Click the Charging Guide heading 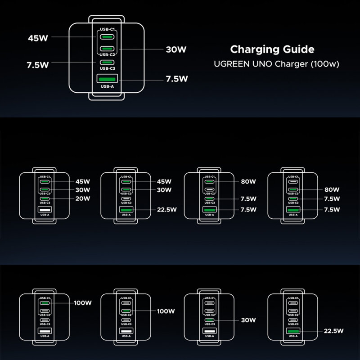[x=272, y=49]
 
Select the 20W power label [x=83, y=198]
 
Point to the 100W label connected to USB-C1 [x=83, y=303]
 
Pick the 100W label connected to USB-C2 [x=166, y=311]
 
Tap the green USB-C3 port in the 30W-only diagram [x=209, y=320]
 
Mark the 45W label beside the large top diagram [x=37, y=38]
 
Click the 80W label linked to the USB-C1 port [x=248, y=182]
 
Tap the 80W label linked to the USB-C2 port [x=332, y=190]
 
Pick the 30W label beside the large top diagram [x=176, y=50]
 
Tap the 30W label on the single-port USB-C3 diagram [x=248, y=320]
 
